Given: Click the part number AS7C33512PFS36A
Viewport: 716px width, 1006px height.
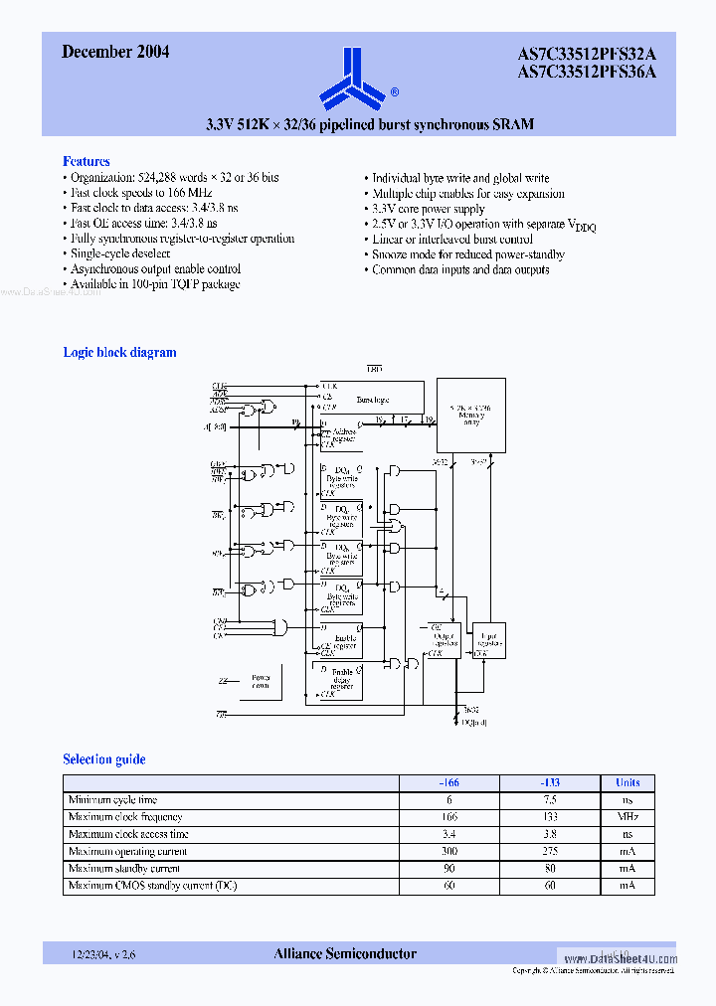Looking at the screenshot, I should click(587, 72).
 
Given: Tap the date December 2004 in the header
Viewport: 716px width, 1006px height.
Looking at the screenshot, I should click(115, 53).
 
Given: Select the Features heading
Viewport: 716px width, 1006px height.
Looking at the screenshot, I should click(87, 161).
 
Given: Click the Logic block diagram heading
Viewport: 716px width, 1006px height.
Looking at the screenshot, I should click(119, 352).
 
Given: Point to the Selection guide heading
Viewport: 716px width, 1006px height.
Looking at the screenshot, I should click(104, 759).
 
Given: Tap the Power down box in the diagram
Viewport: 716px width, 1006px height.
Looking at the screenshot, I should click(260, 682).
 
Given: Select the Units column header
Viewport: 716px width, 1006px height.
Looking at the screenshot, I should click(627, 782).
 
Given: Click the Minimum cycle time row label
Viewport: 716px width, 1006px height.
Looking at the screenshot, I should click(112, 800).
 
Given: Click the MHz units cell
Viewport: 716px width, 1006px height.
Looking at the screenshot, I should click(627, 817).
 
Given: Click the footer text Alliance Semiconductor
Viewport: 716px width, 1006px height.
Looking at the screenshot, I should click(345, 954).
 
